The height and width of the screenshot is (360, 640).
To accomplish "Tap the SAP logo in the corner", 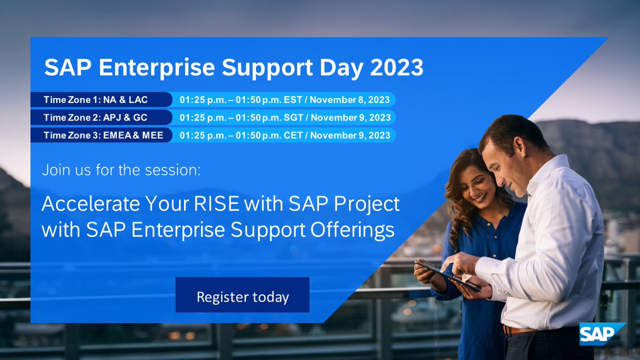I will (x=602, y=334).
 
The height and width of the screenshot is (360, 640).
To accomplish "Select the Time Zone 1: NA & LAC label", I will (x=95, y=100).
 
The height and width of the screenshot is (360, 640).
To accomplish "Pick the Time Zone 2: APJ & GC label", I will (x=95, y=117).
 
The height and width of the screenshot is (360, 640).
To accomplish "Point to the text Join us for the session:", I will (x=122, y=172).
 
